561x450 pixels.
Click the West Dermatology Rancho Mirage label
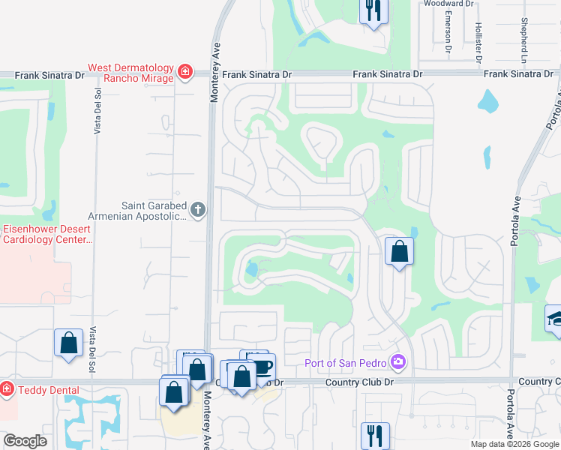point(131,73)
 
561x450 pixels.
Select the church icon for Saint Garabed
point(198,210)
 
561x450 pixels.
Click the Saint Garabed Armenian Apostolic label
point(154,211)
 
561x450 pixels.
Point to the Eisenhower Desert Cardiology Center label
point(46,234)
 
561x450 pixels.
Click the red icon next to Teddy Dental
point(7,388)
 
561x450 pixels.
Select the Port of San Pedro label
point(346,364)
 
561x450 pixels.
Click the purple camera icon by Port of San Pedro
point(397,364)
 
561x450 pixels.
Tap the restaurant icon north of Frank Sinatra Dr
point(373,11)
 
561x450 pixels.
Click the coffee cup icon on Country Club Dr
point(262,367)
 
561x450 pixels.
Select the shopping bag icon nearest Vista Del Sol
point(68,342)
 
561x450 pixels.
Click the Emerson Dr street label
point(448,32)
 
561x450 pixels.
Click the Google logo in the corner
point(25,441)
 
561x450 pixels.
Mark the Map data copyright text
point(515,444)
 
